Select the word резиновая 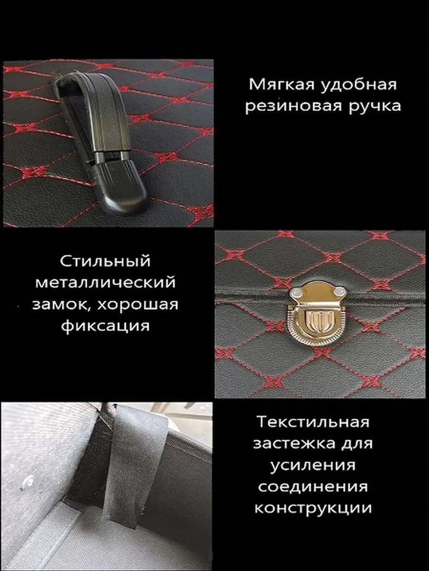coord(293,106)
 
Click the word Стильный coord(106,261)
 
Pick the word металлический coord(106,283)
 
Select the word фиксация coord(106,326)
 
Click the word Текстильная coord(313,422)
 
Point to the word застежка coord(294,443)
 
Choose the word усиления coord(313,465)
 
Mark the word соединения coord(313,487)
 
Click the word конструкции coord(313,508)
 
